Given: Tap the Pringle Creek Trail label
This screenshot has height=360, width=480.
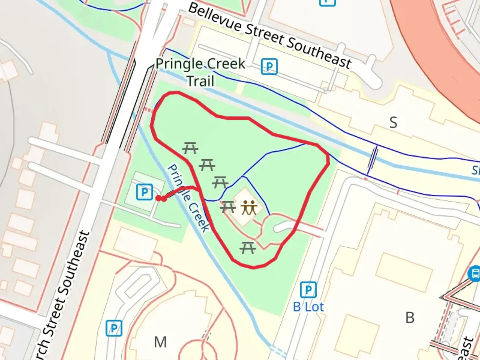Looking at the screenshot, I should coord(200,72).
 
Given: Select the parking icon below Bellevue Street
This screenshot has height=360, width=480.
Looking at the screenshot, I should coord(269,67).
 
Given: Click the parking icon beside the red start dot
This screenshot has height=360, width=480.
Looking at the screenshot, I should coord(144,192).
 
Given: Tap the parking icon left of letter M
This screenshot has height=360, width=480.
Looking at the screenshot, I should coord(114,328).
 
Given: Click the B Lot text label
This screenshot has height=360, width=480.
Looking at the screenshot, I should coord(308,307).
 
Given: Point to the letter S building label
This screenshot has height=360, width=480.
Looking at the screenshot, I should coord(393,123).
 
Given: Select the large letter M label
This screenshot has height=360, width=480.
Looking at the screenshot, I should coord(160,342).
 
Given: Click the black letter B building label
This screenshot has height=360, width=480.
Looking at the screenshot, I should coord(410,318).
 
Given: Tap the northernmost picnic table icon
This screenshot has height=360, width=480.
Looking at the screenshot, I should coord(191,148).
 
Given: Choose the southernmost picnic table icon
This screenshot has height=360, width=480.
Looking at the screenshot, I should coord(248,248).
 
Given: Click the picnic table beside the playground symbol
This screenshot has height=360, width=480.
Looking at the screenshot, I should coord(228,207).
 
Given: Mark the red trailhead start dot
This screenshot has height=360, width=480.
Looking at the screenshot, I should coord(158,198).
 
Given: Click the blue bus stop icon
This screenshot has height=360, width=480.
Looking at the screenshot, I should coord(474,274).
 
